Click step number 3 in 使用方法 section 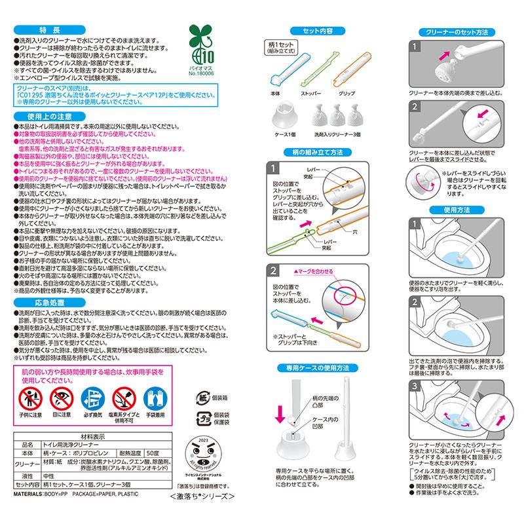click(413, 387)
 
